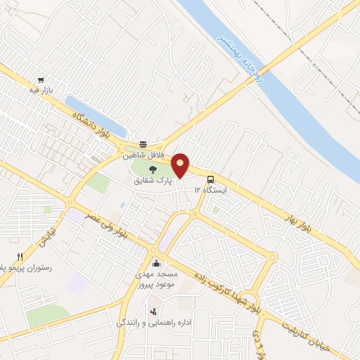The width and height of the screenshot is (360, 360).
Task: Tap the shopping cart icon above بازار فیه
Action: point(41,81)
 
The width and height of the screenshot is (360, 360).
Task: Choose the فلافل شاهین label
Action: point(150,154)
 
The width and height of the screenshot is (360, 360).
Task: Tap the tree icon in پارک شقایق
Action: point(153,169)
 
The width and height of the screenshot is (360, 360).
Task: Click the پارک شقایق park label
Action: point(153,181)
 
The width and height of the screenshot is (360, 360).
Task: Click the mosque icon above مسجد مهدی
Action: point(156,262)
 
